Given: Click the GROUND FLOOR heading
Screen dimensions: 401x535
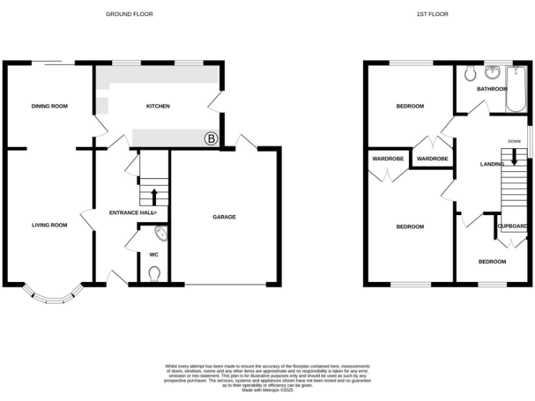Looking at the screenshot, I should point(129,14).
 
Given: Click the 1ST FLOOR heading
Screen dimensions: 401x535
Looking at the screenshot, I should point(433,14).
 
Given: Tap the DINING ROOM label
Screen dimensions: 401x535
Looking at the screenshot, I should point(49,106).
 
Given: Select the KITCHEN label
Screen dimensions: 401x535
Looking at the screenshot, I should point(157,106).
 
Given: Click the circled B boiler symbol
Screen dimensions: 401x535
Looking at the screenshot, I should point(210,139).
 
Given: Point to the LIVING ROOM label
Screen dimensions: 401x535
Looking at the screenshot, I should point(49,225).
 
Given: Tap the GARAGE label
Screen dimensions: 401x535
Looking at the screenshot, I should point(224,217).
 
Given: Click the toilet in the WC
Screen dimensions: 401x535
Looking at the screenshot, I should point(155,273).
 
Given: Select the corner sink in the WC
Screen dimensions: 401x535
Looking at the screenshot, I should point(160,234).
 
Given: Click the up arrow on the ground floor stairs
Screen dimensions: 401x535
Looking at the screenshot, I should point(154,194).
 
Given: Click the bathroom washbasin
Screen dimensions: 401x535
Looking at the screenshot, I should point(493,72).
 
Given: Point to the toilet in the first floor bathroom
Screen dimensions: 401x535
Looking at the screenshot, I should point(470,72).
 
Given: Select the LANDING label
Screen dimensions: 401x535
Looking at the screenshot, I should point(493,164).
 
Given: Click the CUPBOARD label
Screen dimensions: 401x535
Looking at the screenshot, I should point(512,226).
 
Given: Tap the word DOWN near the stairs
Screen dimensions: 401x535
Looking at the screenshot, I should point(514,141).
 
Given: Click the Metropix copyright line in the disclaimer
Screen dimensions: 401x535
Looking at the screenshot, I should point(267,391).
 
